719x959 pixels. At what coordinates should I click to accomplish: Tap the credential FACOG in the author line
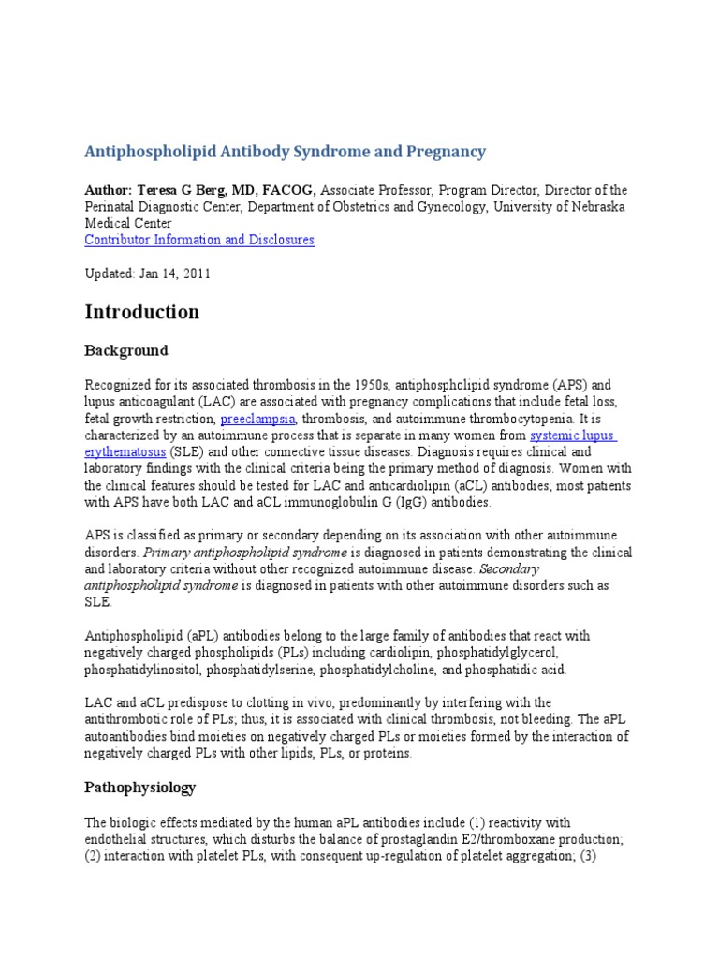click(x=290, y=190)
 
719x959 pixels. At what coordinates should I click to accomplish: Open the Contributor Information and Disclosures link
click(x=199, y=240)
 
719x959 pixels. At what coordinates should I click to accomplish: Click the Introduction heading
click(x=141, y=312)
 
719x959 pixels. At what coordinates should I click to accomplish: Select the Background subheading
click(x=126, y=350)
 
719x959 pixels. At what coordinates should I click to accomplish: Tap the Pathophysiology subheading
click(x=140, y=788)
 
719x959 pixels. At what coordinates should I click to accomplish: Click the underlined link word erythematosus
click(x=125, y=452)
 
